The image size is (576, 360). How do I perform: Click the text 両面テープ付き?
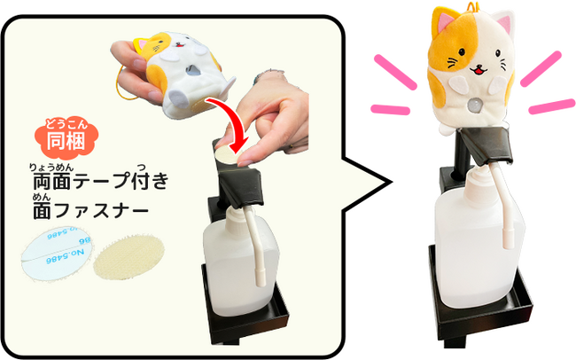(x=101, y=181)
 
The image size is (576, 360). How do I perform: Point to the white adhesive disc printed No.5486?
(x=56, y=254)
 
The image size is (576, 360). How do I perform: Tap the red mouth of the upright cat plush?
(x=479, y=70)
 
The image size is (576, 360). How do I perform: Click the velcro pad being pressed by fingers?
(x=228, y=154)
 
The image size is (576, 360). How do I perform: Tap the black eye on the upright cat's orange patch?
(x=462, y=51)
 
